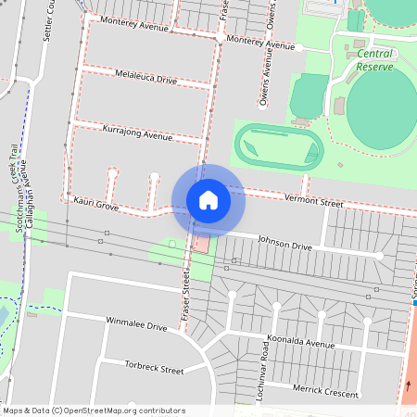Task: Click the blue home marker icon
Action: click(x=208, y=199)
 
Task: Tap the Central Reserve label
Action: click(x=374, y=60)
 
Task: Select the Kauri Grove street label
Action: click(x=96, y=204)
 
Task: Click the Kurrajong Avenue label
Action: click(x=138, y=132)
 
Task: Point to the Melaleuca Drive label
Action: click(x=145, y=77)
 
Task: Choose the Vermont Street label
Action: click(x=314, y=200)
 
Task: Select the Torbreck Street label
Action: click(x=154, y=368)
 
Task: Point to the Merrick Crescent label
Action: click(x=325, y=392)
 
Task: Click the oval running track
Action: click(x=278, y=146)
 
